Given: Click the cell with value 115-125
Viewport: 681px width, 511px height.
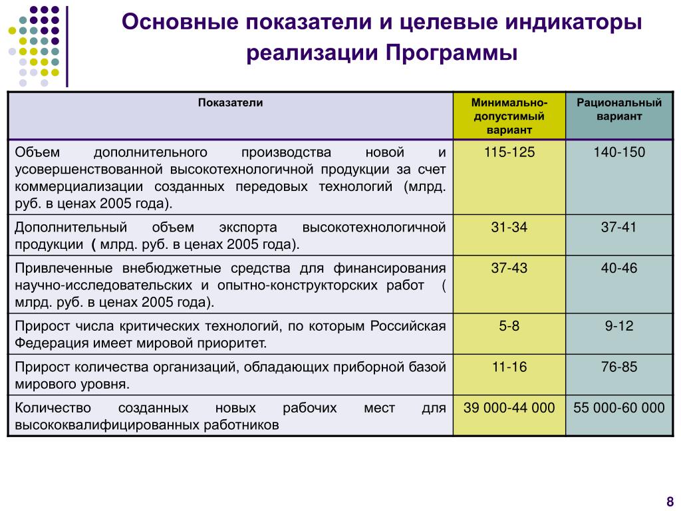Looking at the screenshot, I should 509,152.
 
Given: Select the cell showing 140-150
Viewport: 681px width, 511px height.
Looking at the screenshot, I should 619,152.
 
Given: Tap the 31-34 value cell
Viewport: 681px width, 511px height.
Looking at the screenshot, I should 509,228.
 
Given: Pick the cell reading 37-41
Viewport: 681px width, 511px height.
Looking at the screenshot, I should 619,228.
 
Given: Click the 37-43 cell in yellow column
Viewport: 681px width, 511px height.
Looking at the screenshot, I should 509,268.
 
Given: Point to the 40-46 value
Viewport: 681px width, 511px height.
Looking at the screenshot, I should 619,268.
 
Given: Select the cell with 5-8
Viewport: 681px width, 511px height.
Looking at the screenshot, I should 509,326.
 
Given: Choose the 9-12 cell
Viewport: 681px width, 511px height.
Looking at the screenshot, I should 619,326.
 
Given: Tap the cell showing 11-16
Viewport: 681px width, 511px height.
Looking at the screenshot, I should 509,367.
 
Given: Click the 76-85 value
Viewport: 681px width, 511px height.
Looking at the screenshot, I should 619,367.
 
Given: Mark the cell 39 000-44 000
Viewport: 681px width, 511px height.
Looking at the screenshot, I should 509,407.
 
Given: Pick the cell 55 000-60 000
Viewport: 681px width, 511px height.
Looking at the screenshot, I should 619,407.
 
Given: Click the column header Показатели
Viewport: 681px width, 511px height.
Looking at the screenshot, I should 230,103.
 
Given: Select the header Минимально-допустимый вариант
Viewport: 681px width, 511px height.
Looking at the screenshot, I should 509,116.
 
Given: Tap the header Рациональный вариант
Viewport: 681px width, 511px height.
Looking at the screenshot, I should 619,110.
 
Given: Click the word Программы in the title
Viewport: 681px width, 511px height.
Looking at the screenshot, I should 450,53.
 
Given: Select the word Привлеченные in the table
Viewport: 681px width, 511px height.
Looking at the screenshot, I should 65,268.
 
